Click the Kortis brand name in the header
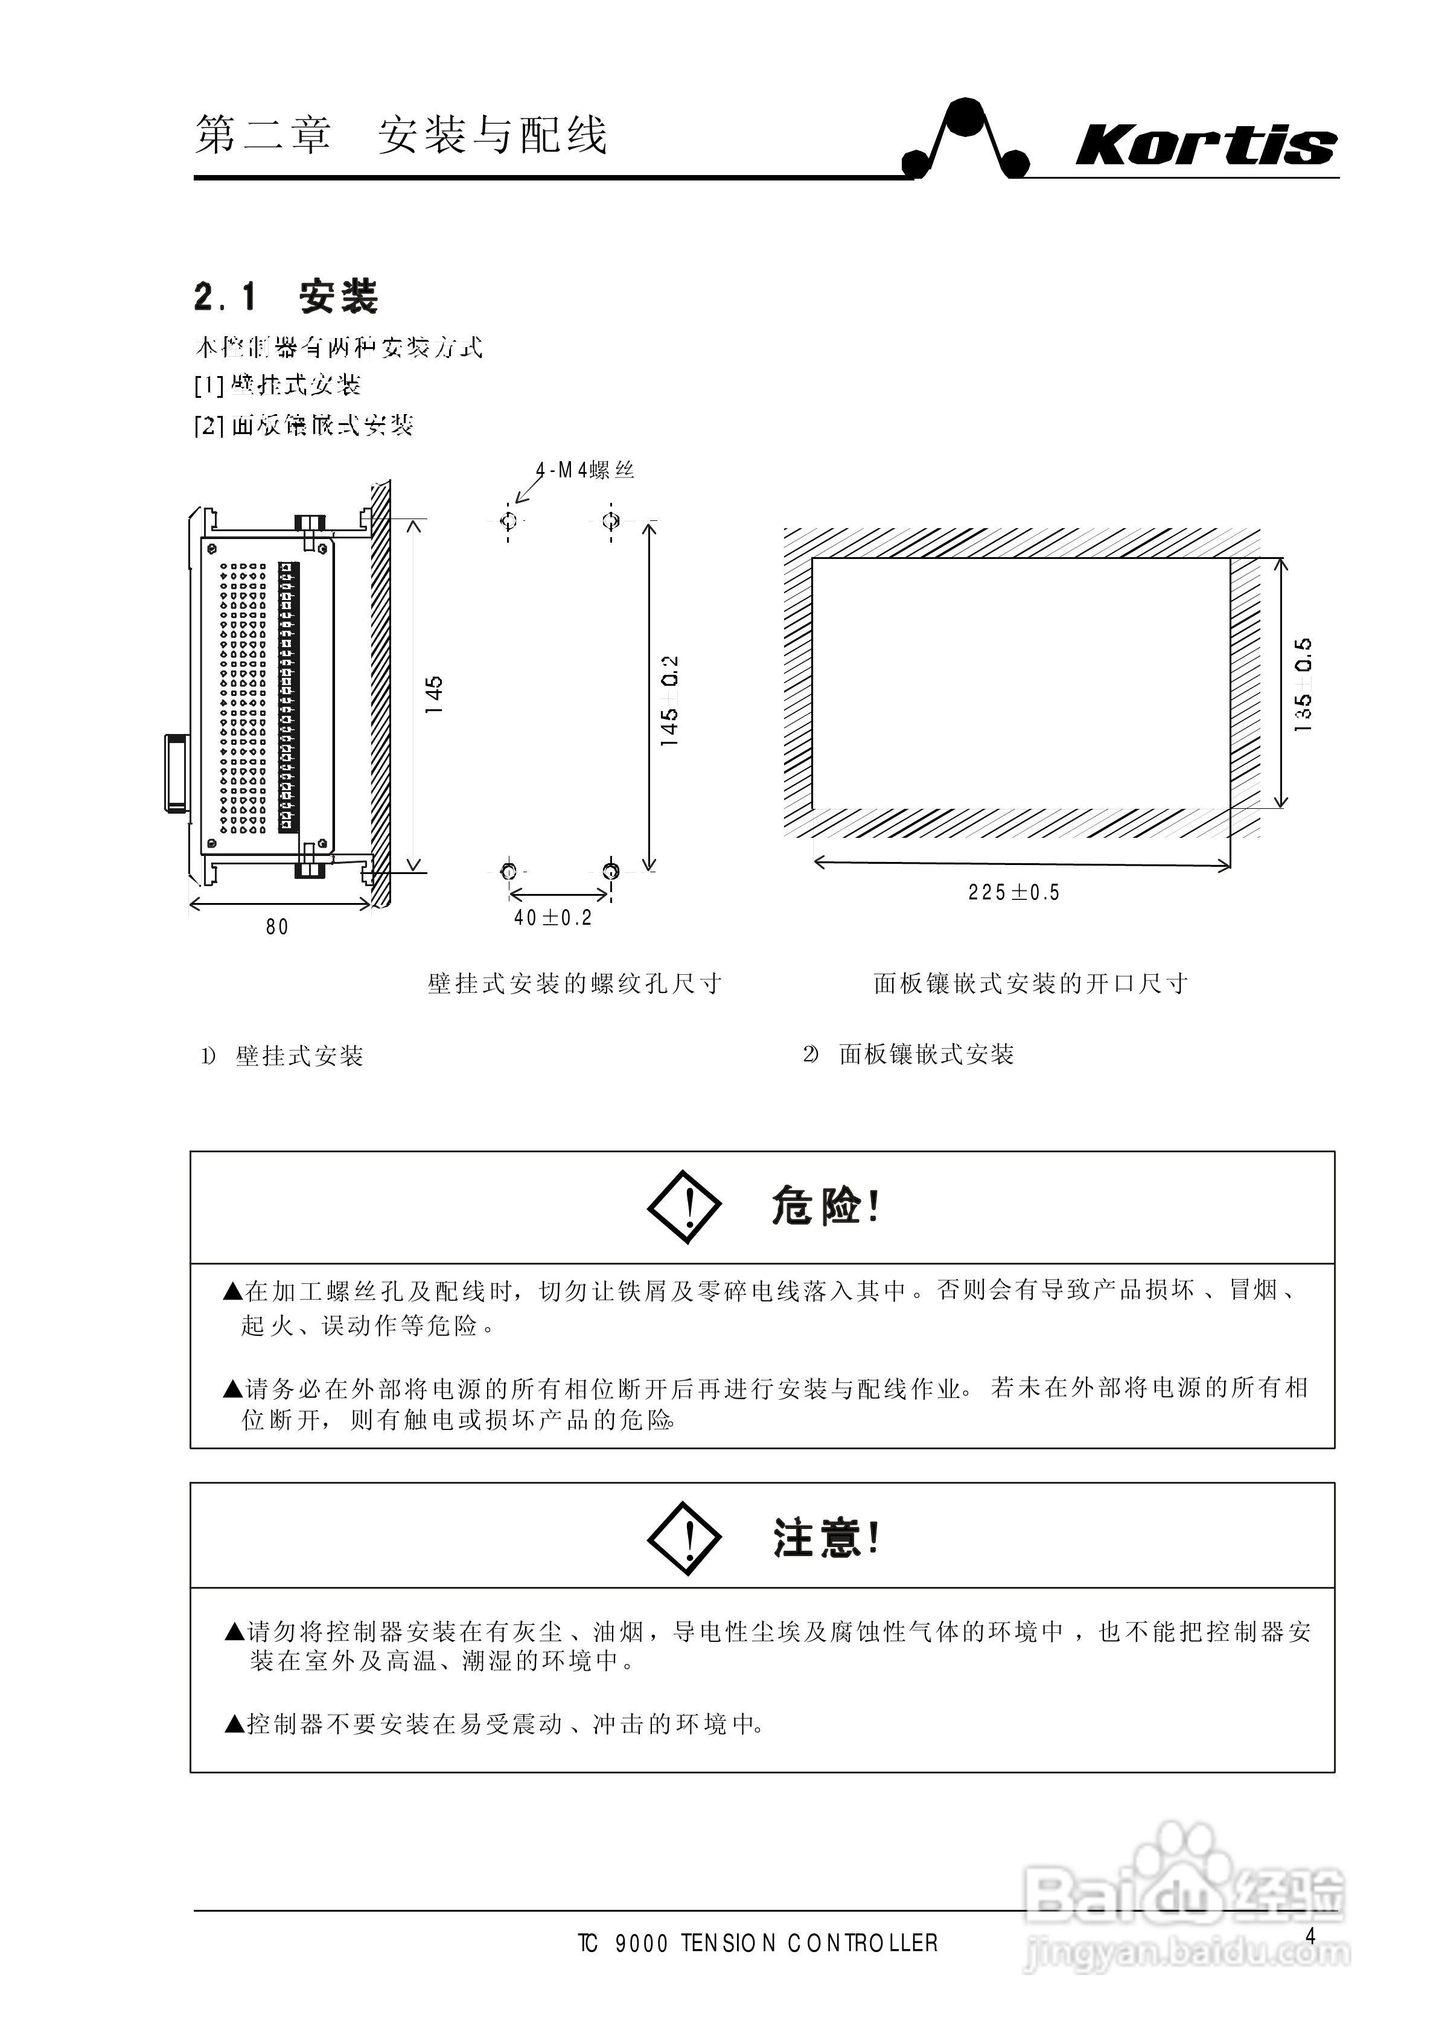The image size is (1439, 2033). coord(1205,145)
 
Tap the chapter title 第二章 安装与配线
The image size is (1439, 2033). coord(401,136)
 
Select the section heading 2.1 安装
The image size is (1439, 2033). coord(286,297)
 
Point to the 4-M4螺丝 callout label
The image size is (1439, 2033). coord(585,470)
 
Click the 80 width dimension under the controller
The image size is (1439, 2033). coord(277,927)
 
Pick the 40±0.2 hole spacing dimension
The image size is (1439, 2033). coord(552,918)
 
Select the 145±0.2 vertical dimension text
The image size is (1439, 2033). coord(670,700)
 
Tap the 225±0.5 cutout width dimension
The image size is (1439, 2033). coord(1013,892)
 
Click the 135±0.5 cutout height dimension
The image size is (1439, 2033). coord(1303,684)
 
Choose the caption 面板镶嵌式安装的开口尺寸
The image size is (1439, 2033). coord(1030,984)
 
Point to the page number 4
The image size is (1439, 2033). coord(1310,1936)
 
